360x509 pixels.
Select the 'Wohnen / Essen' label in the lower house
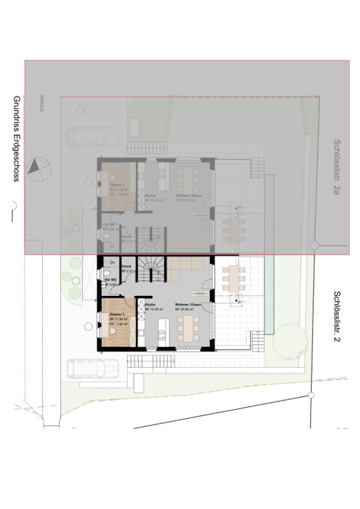click(x=187, y=305)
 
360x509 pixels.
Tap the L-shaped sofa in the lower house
click(x=183, y=270)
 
